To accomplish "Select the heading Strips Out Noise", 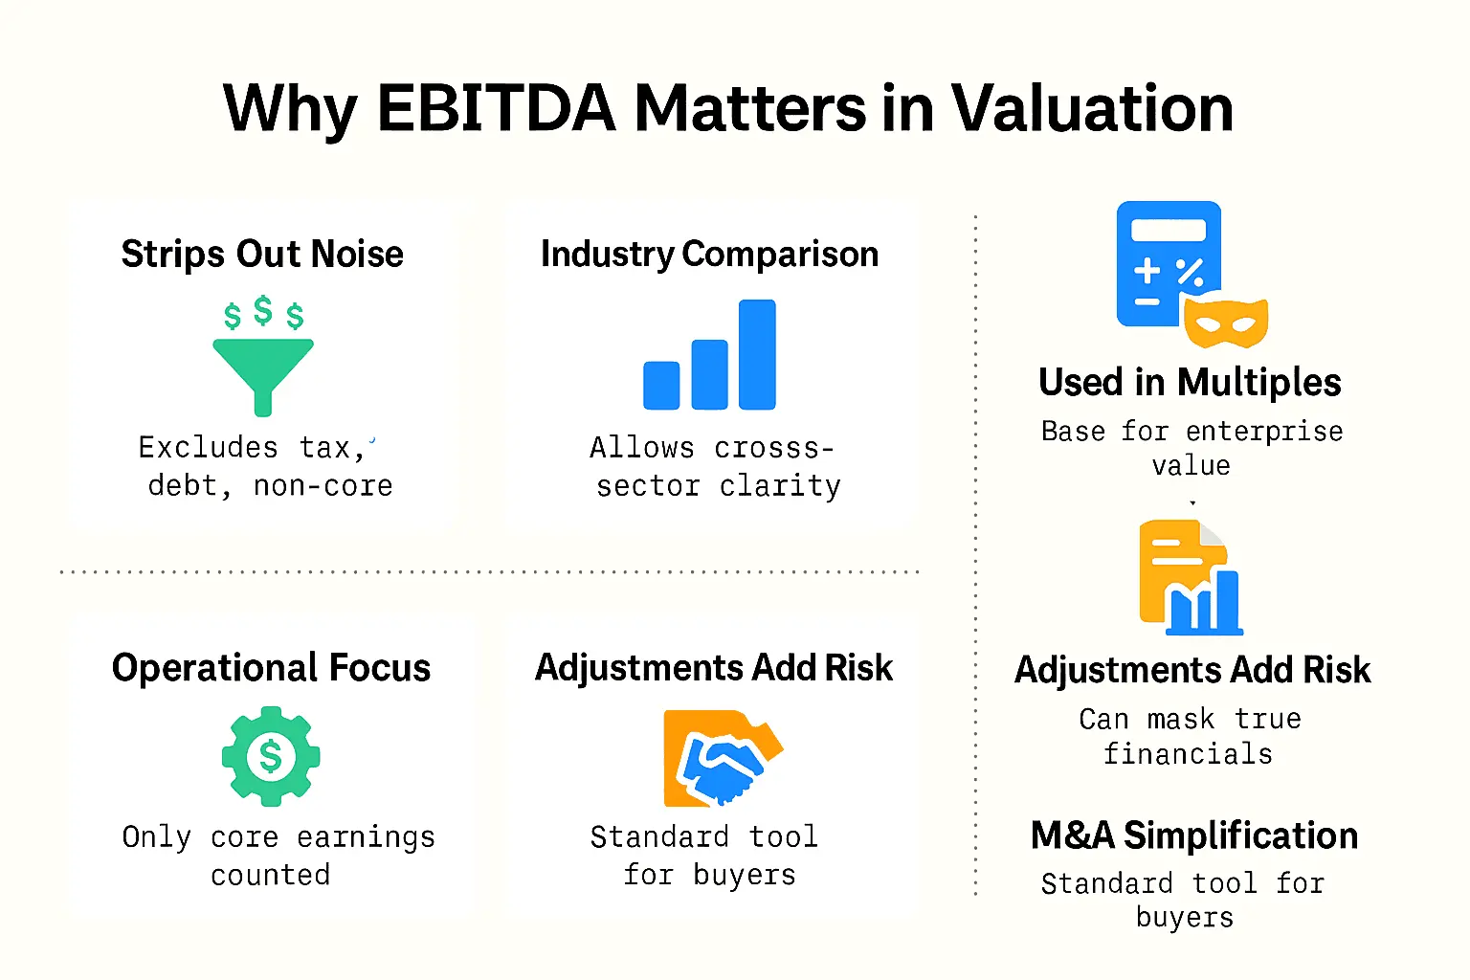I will pos(262,255).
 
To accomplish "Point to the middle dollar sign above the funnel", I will pos(263,310).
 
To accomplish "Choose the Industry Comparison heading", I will pos(709,255).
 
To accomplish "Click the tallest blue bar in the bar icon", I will pos(757,354).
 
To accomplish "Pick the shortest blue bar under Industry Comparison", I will pos(661,385).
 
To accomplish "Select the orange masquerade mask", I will pos(1226,323).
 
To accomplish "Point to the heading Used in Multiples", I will pos(1190,383).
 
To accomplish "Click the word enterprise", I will pos(1264,432).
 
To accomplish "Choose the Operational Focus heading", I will pos(271,668).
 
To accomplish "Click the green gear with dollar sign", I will pos(271,756).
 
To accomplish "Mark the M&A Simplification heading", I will pos(1193,835).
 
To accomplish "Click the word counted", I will pos(271,875).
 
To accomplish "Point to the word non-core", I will pos(323,486).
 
